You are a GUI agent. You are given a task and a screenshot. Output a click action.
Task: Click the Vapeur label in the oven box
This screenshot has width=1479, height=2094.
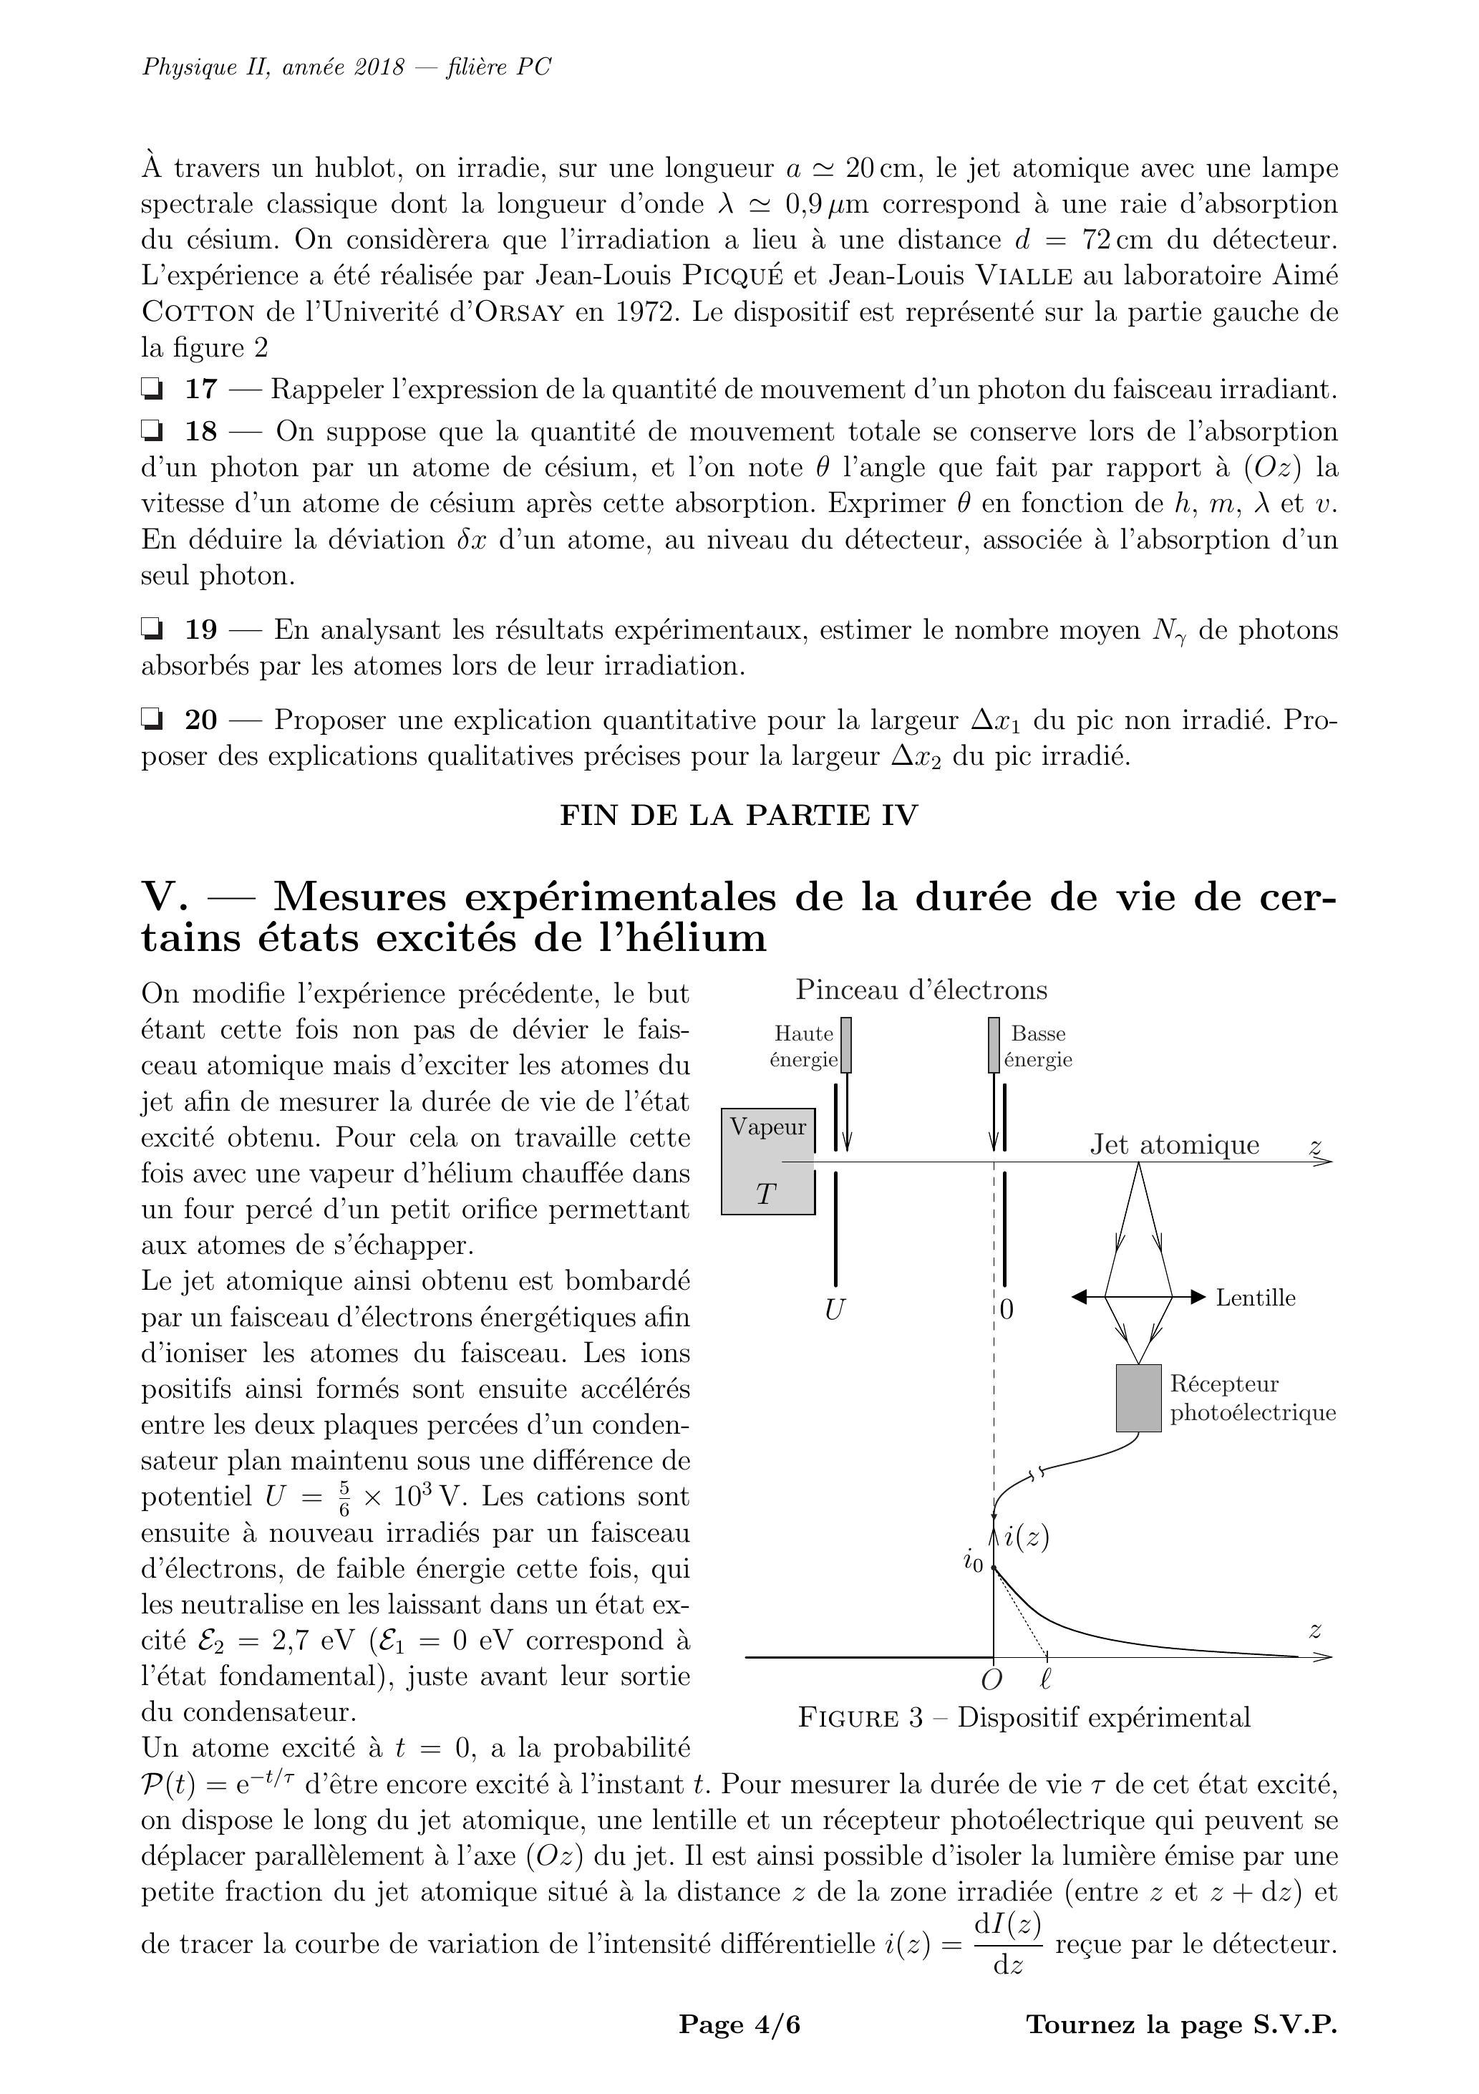tap(767, 1127)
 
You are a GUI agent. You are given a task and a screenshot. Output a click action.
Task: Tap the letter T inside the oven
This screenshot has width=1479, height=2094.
tap(766, 1194)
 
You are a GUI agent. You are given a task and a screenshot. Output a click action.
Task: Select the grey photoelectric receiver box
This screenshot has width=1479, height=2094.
tap(1139, 1398)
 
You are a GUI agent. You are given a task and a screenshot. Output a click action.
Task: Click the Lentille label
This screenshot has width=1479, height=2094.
tap(1255, 1298)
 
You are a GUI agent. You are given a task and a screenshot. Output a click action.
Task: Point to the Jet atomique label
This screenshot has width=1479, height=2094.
tap(1175, 1146)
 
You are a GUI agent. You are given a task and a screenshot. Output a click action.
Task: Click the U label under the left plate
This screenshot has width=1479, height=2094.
tap(833, 1311)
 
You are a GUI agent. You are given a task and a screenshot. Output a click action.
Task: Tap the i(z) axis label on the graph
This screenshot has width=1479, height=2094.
tap(1026, 1538)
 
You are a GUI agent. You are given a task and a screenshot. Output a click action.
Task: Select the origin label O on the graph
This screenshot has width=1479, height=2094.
tap(991, 1680)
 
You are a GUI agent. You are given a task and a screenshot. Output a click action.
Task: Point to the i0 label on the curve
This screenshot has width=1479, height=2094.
tap(973, 1563)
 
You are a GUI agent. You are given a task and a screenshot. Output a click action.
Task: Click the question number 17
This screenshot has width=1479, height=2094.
tap(201, 390)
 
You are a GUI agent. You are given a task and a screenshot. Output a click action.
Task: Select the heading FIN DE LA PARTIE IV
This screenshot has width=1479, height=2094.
tap(739, 814)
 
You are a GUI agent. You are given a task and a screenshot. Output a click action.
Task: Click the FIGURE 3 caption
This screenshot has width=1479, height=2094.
tap(1023, 1717)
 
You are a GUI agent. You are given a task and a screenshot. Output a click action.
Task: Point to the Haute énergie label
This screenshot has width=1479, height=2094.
tap(803, 1046)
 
